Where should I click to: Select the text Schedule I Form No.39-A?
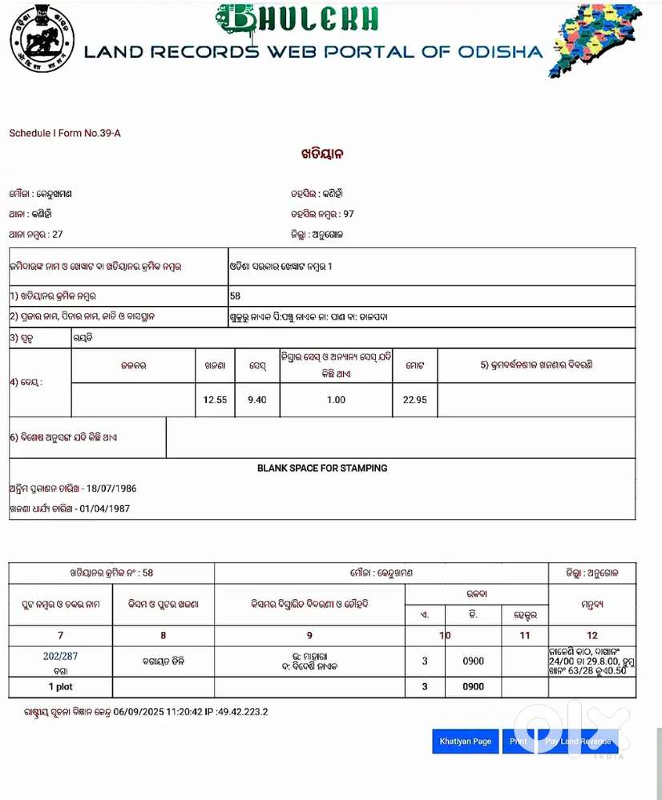click(x=65, y=133)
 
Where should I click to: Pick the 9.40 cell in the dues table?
click(x=257, y=400)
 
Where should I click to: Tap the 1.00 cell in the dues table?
click(x=336, y=400)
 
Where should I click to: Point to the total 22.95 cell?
click(x=415, y=400)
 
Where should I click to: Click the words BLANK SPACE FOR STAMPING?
click(x=322, y=468)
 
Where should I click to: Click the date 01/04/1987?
click(x=104, y=509)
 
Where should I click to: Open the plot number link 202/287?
click(x=61, y=656)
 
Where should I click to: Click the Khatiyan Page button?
click(x=465, y=742)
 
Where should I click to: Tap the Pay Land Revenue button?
click(x=577, y=742)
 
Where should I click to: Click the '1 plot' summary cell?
click(x=61, y=687)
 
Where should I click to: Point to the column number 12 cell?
click(x=592, y=635)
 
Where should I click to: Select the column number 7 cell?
click(x=61, y=635)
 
